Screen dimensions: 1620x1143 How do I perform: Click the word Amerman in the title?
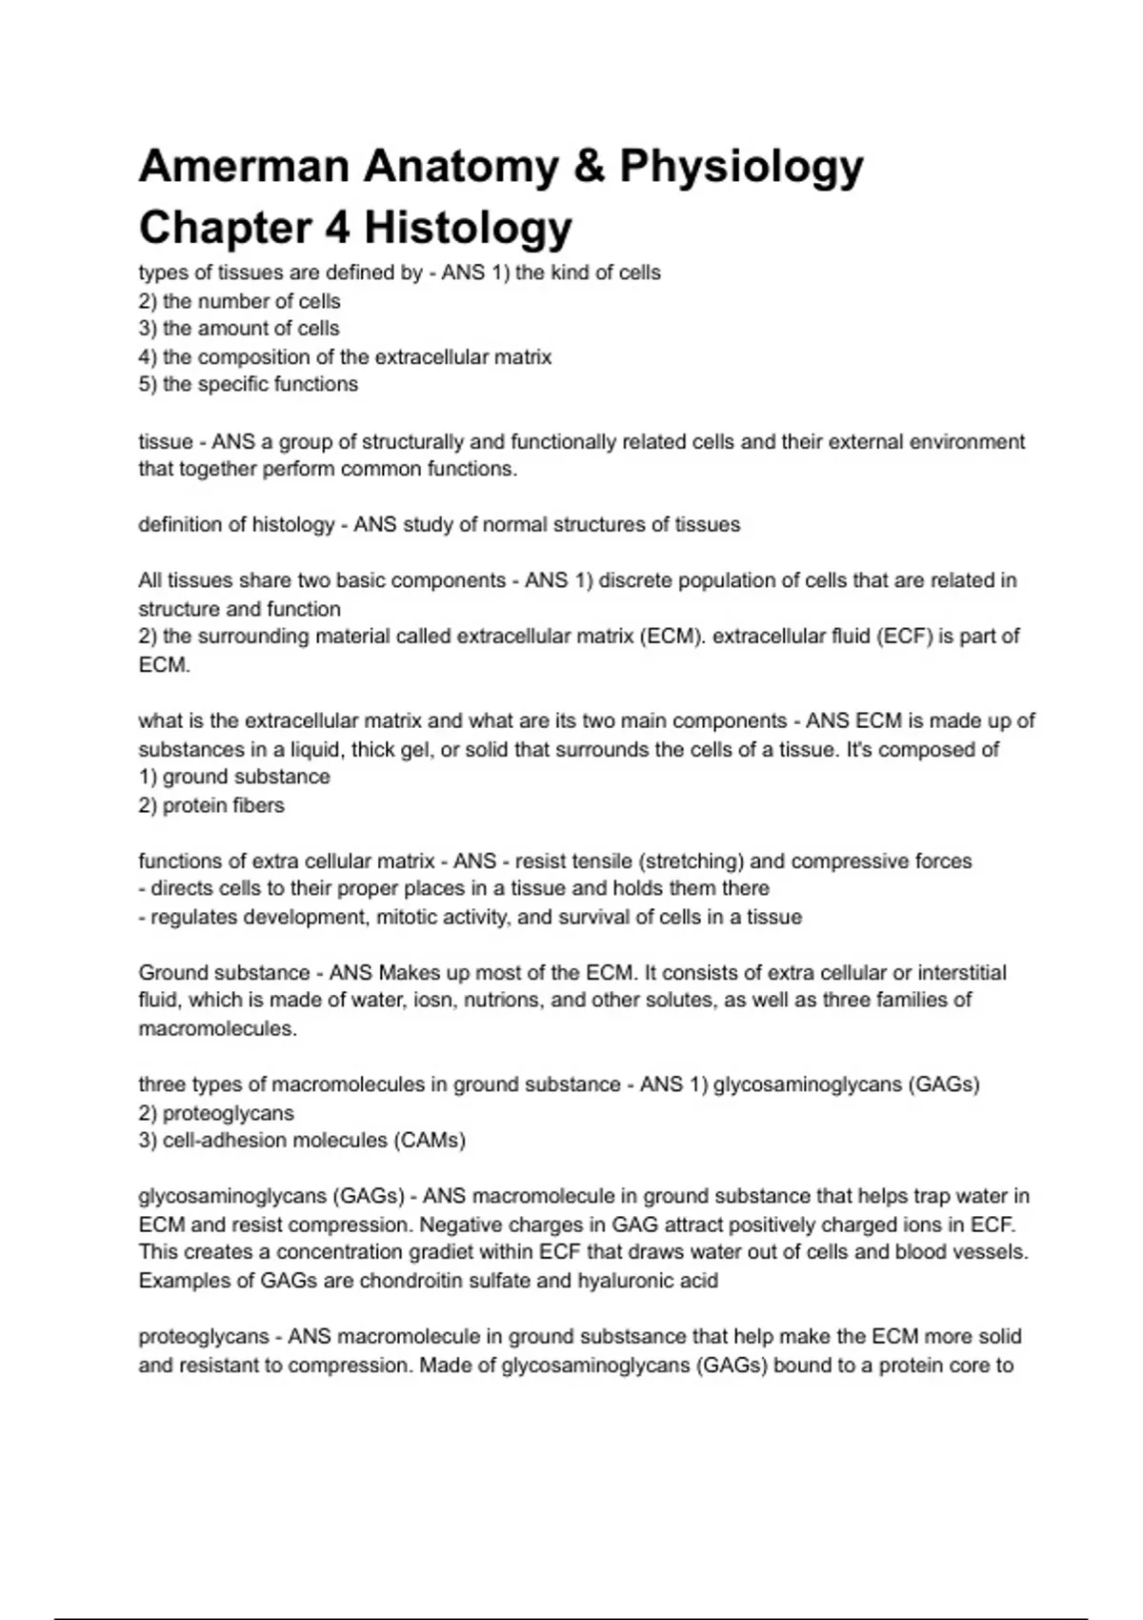244,166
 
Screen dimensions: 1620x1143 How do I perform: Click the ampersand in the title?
590,166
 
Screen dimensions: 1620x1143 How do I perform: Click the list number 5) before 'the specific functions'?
148,384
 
